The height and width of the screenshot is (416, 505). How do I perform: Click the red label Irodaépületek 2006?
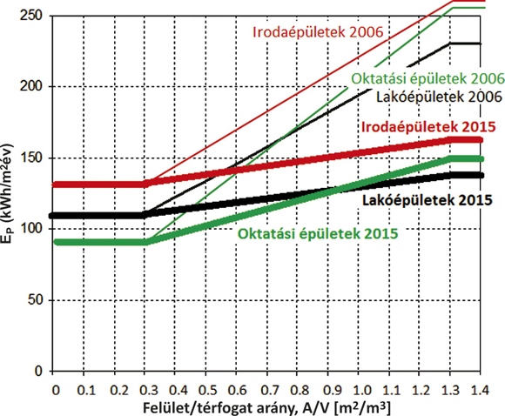point(318,32)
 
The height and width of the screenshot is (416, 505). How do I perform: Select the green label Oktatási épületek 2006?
point(428,79)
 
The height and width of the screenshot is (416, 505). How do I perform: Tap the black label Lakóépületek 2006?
point(439,97)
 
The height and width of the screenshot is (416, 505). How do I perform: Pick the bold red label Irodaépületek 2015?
point(428,127)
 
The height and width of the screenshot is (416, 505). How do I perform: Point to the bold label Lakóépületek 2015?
point(428,200)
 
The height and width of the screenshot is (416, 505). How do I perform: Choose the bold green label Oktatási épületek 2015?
point(318,234)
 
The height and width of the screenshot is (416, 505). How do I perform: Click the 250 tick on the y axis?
point(31,15)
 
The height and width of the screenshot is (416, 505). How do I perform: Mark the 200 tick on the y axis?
point(31,86)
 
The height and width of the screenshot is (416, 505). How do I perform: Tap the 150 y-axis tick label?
point(31,158)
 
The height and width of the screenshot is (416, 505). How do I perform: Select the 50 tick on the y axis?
point(35,300)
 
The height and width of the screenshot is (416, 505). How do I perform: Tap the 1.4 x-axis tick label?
point(481,390)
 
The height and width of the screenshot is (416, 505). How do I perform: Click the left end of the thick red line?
point(55,185)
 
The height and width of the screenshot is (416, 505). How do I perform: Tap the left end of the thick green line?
point(57,242)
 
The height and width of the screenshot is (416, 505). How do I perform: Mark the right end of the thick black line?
point(482,176)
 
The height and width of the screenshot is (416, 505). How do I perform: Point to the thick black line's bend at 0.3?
point(145,216)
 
